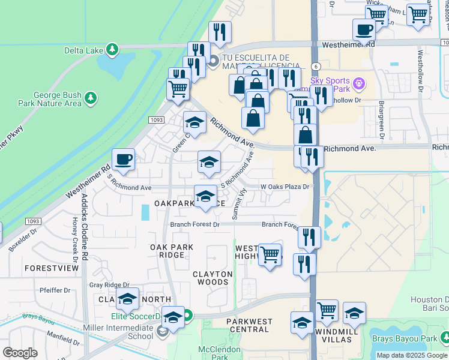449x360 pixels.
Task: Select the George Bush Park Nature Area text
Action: [58, 99]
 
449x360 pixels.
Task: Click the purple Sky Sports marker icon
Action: [359, 82]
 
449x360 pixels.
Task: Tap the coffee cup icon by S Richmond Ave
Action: [123, 160]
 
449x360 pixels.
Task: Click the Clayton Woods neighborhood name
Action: [212, 278]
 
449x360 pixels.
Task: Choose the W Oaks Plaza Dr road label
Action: [285, 187]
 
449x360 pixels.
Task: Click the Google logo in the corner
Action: [20, 353]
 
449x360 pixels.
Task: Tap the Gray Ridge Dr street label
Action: [109, 285]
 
